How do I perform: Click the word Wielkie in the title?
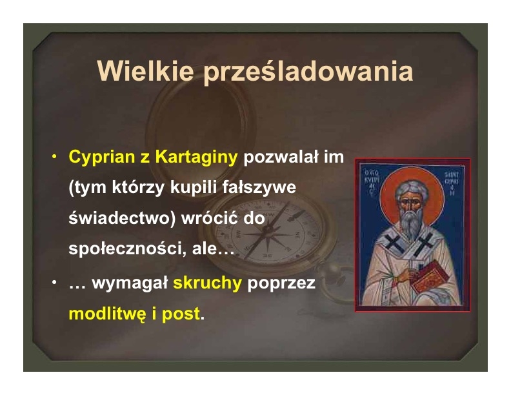(x=145, y=71)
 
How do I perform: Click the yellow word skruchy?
(x=207, y=283)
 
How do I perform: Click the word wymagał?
(x=130, y=283)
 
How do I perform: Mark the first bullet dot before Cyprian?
(x=54, y=156)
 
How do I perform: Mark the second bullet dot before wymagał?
(x=54, y=282)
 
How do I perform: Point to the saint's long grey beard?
(x=410, y=224)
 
